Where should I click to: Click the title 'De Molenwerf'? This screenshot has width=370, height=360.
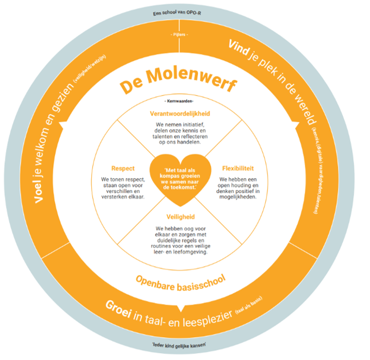click(178, 85)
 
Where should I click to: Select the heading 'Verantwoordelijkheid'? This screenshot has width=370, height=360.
click(179, 114)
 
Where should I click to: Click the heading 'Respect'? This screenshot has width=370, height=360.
click(122, 168)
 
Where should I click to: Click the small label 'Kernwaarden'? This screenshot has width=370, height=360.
click(179, 102)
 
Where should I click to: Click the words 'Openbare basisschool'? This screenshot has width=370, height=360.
click(179, 281)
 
